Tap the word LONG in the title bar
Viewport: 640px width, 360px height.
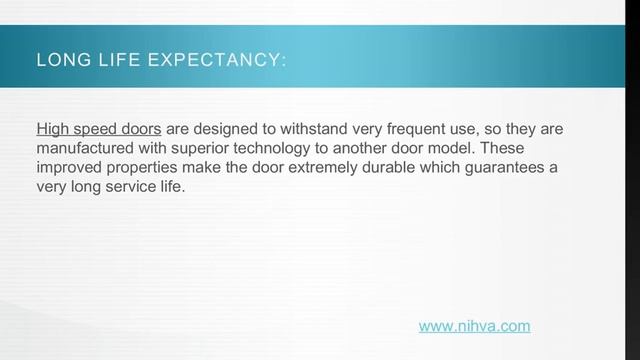(57, 62)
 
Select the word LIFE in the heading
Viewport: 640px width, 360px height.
(115, 62)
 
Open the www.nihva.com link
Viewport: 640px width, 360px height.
(474, 325)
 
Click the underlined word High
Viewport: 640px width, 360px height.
(52, 130)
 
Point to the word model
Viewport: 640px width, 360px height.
(471, 148)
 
